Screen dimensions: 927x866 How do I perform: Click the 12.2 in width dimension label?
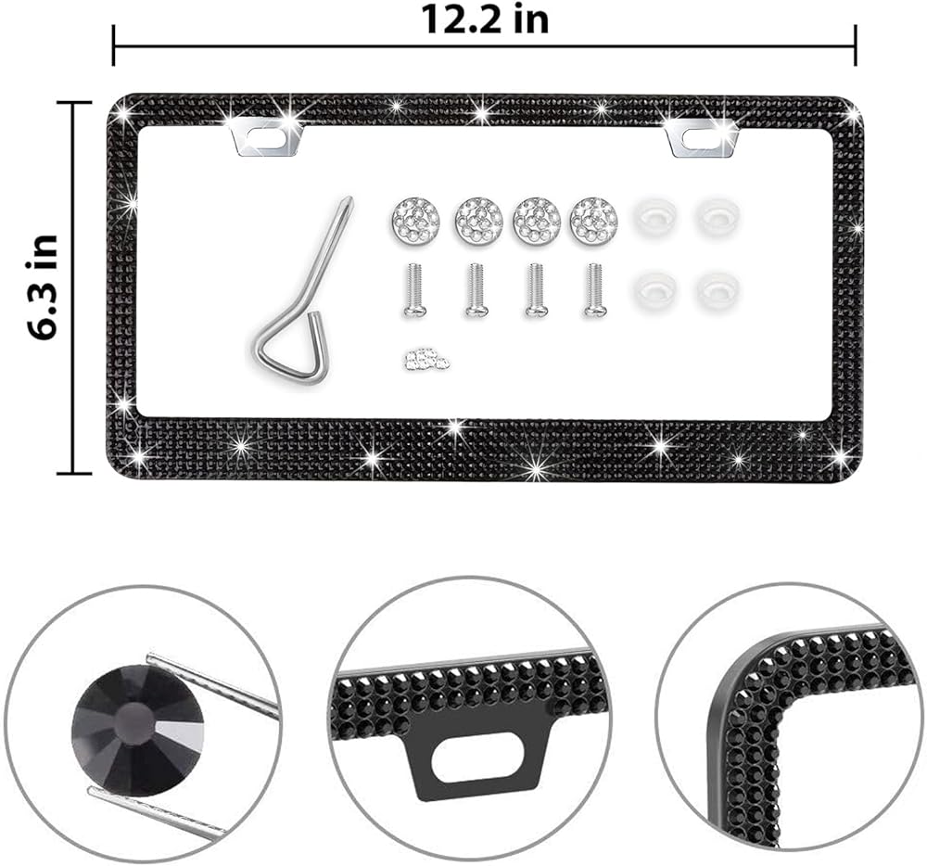click(485, 20)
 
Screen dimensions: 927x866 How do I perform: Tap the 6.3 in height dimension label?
click(44, 287)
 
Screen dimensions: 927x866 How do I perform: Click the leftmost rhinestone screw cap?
click(416, 218)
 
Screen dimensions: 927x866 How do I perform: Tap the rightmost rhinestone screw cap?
click(593, 218)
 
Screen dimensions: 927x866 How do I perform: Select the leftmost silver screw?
click(414, 291)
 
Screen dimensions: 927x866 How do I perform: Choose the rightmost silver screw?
click(594, 291)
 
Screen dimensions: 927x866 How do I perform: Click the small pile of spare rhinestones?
click(425, 359)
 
